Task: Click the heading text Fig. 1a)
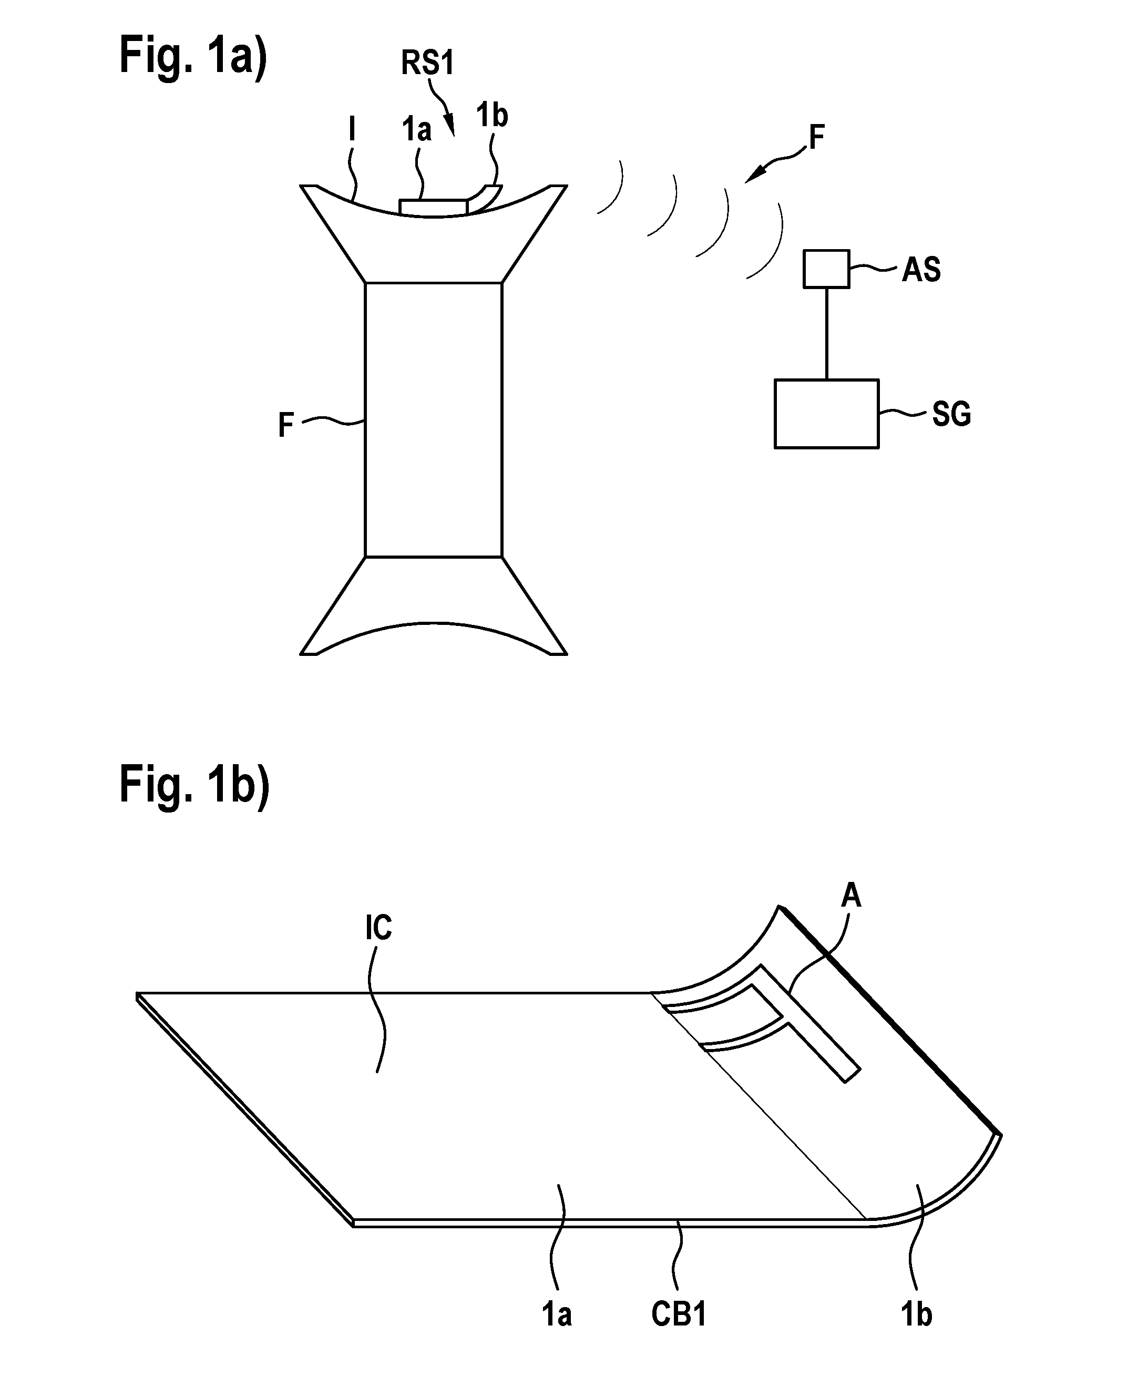(193, 58)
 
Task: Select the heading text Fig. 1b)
(194, 787)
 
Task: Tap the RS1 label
(427, 63)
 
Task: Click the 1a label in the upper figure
(416, 129)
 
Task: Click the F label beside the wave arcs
(816, 138)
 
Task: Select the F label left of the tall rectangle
(286, 425)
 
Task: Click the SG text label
(951, 414)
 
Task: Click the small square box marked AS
(826, 269)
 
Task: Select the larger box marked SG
(826, 414)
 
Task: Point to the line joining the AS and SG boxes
(826, 333)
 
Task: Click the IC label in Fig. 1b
(378, 928)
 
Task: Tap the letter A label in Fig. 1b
(850, 895)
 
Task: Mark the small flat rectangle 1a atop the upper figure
(433, 207)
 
